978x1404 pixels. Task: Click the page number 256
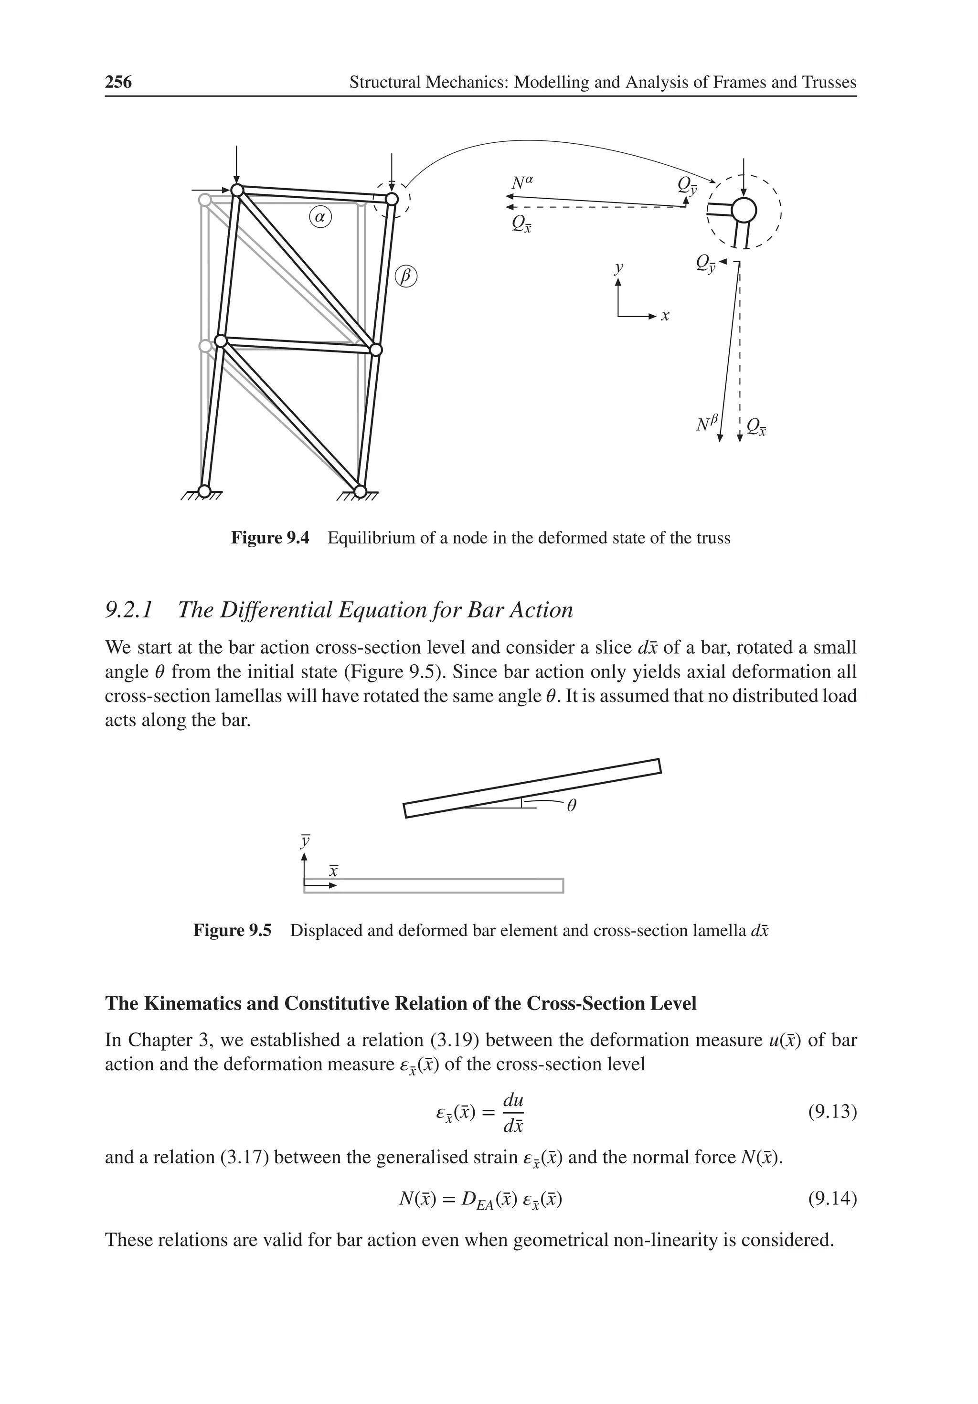pyautogui.click(x=118, y=82)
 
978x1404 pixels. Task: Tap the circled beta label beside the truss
pyautogui.click(x=405, y=276)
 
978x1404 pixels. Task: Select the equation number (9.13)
pyautogui.click(x=832, y=1112)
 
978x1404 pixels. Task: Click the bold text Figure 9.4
pyautogui.click(x=270, y=538)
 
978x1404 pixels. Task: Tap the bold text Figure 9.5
pyautogui.click(x=232, y=931)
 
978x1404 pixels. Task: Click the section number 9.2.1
pyautogui.click(x=129, y=610)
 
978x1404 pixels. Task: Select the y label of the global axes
pyautogui.click(x=619, y=267)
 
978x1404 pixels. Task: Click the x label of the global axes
pyautogui.click(x=666, y=316)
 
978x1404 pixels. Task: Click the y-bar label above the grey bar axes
pyautogui.click(x=305, y=841)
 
